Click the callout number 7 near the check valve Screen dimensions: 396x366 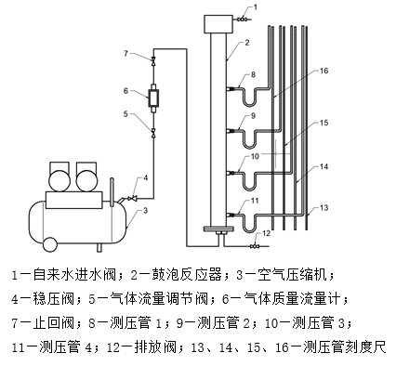pos(125,54)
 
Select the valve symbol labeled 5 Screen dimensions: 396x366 pos(153,132)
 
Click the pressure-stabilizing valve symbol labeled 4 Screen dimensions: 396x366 pos(134,198)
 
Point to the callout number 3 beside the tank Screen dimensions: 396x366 pos(145,211)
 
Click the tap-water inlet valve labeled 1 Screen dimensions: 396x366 pos(242,20)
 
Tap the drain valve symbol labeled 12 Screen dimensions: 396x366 pos(255,246)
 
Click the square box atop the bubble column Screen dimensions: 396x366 pos(218,24)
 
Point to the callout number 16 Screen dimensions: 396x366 pos(323,71)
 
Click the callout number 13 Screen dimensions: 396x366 pos(323,208)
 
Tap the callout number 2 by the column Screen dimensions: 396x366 pos(247,43)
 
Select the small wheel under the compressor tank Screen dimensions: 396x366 pos(50,244)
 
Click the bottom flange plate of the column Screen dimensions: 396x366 pos(218,229)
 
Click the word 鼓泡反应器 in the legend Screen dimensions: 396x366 pos(186,275)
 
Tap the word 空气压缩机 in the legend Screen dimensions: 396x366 pos(292,275)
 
